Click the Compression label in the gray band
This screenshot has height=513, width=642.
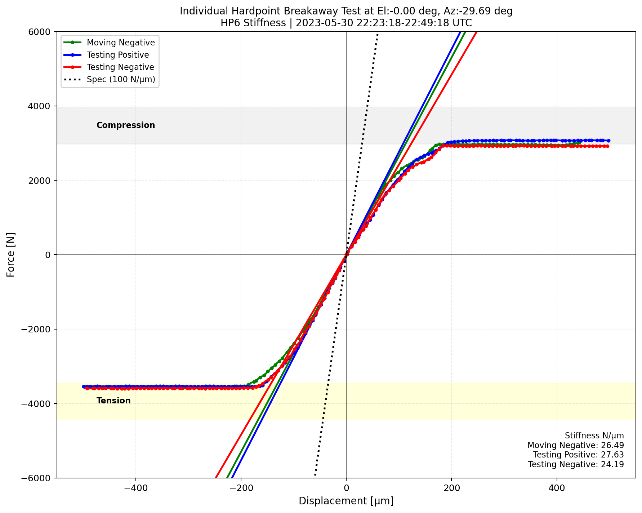click(126, 125)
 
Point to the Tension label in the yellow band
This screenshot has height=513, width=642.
click(113, 401)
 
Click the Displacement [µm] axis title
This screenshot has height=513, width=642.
click(346, 501)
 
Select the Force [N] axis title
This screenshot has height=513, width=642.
click(11, 255)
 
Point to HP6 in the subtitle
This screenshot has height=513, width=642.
click(228, 23)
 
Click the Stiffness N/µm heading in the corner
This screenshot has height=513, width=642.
click(594, 436)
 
